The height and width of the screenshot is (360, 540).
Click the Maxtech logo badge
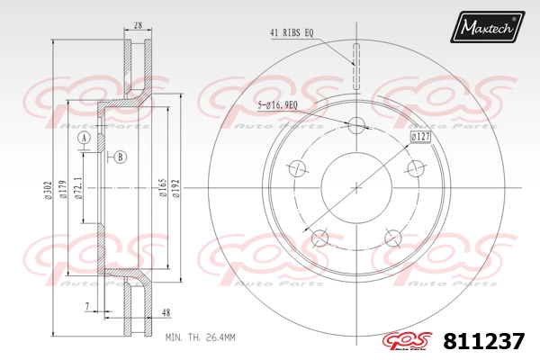(487, 26)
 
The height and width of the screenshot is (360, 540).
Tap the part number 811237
(484, 341)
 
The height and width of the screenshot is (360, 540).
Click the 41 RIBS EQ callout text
(292, 32)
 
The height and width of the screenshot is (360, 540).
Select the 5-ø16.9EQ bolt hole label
(277, 105)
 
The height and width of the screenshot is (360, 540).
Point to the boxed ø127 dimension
(420, 137)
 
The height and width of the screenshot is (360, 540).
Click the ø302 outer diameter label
(48, 190)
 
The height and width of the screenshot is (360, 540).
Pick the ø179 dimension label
(62, 190)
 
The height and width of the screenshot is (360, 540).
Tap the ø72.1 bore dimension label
(78, 188)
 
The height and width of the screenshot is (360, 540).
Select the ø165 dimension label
(163, 188)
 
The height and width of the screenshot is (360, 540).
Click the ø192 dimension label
(176, 188)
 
